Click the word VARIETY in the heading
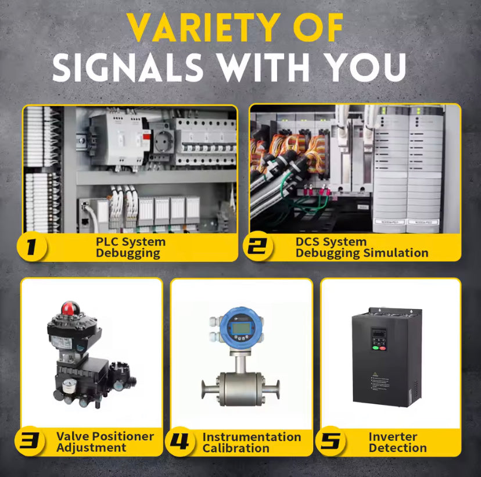pyautogui.click(x=204, y=27)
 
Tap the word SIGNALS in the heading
pyautogui.click(x=128, y=67)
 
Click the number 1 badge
pyautogui.click(x=31, y=246)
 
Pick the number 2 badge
pyautogui.click(x=258, y=246)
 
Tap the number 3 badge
pyautogui.click(x=30, y=441)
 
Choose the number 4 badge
pyautogui.click(x=180, y=441)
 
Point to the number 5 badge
pyautogui.click(x=331, y=441)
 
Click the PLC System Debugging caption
pyautogui.click(x=131, y=248)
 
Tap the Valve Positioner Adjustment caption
pyautogui.click(x=105, y=442)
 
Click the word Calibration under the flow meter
pyautogui.click(x=236, y=448)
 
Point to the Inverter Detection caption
pyautogui.click(x=397, y=442)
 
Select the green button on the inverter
pyautogui.click(x=375, y=348)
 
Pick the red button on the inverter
pyautogui.click(x=382, y=348)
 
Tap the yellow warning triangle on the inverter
pyautogui.click(x=375, y=374)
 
